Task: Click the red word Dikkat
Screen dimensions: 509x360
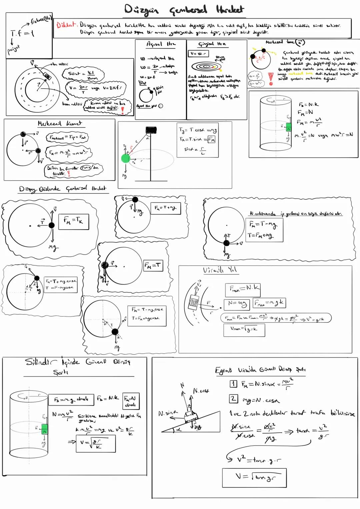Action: pyautogui.click(x=66, y=25)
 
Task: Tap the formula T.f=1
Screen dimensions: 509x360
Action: pyautogui.click(x=22, y=33)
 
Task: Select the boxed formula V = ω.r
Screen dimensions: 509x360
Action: pyautogui.click(x=198, y=53)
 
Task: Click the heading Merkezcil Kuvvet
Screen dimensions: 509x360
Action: pyautogui.click(x=59, y=123)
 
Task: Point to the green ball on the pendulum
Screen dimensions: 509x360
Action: pyautogui.click(x=125, y=158)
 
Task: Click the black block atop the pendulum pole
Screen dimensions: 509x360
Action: pyautogui.click(x=151, y=129)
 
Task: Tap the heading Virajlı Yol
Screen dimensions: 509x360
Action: pyautogui.click(x=220, y=270)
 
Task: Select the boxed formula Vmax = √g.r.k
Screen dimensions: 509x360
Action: pyautogui.click(x=244, y=330)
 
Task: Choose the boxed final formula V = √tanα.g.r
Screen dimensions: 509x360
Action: pyautogui.click(x=254, y=478)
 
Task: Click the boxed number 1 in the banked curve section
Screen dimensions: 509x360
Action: pyautogui.click(x=233, y=384)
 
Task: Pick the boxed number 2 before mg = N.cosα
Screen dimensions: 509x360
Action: pyautogui.click(x=233, y=399)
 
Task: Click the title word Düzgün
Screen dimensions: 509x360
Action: pyautogui.click(x=142, y=10)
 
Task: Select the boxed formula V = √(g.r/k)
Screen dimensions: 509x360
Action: pyautogui.click(x=96, y=443)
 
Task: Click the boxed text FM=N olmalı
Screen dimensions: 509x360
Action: pyautogui.click(x=131, y=401)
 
